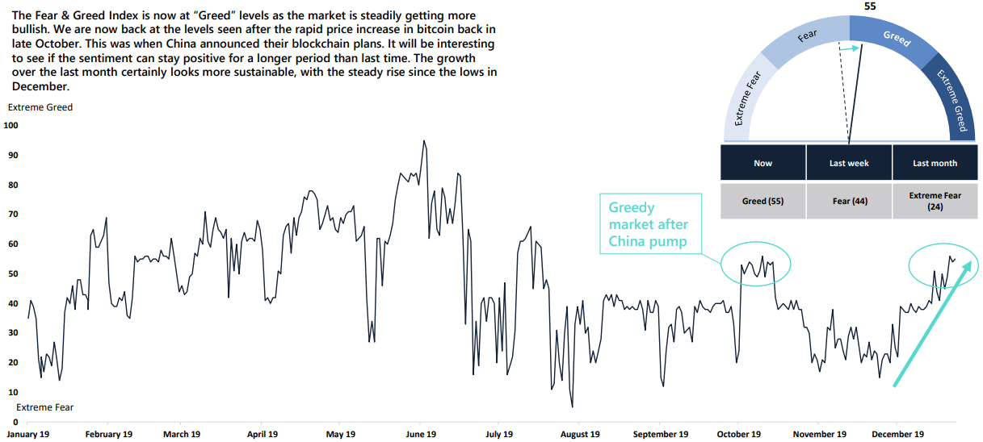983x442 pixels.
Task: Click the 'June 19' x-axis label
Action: [420, 435]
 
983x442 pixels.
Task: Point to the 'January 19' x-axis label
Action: [27, 435]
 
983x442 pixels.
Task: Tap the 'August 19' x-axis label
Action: [579, 435]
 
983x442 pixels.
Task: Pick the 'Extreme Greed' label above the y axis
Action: [40, 107]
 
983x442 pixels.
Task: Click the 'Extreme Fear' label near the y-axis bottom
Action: [45, 407]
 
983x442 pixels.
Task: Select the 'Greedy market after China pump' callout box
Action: [650, 224]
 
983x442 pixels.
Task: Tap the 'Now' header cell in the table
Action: [762, 163]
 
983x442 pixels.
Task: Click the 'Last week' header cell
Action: [849, 163]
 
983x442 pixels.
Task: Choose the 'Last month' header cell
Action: [935, 163]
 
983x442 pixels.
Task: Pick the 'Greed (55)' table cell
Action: [762, 201]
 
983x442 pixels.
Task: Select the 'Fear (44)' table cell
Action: [849, 201]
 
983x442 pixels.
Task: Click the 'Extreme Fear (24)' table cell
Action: [935, 201]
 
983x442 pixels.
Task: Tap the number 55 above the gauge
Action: [870, 6]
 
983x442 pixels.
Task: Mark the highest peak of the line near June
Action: [424, 141]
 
